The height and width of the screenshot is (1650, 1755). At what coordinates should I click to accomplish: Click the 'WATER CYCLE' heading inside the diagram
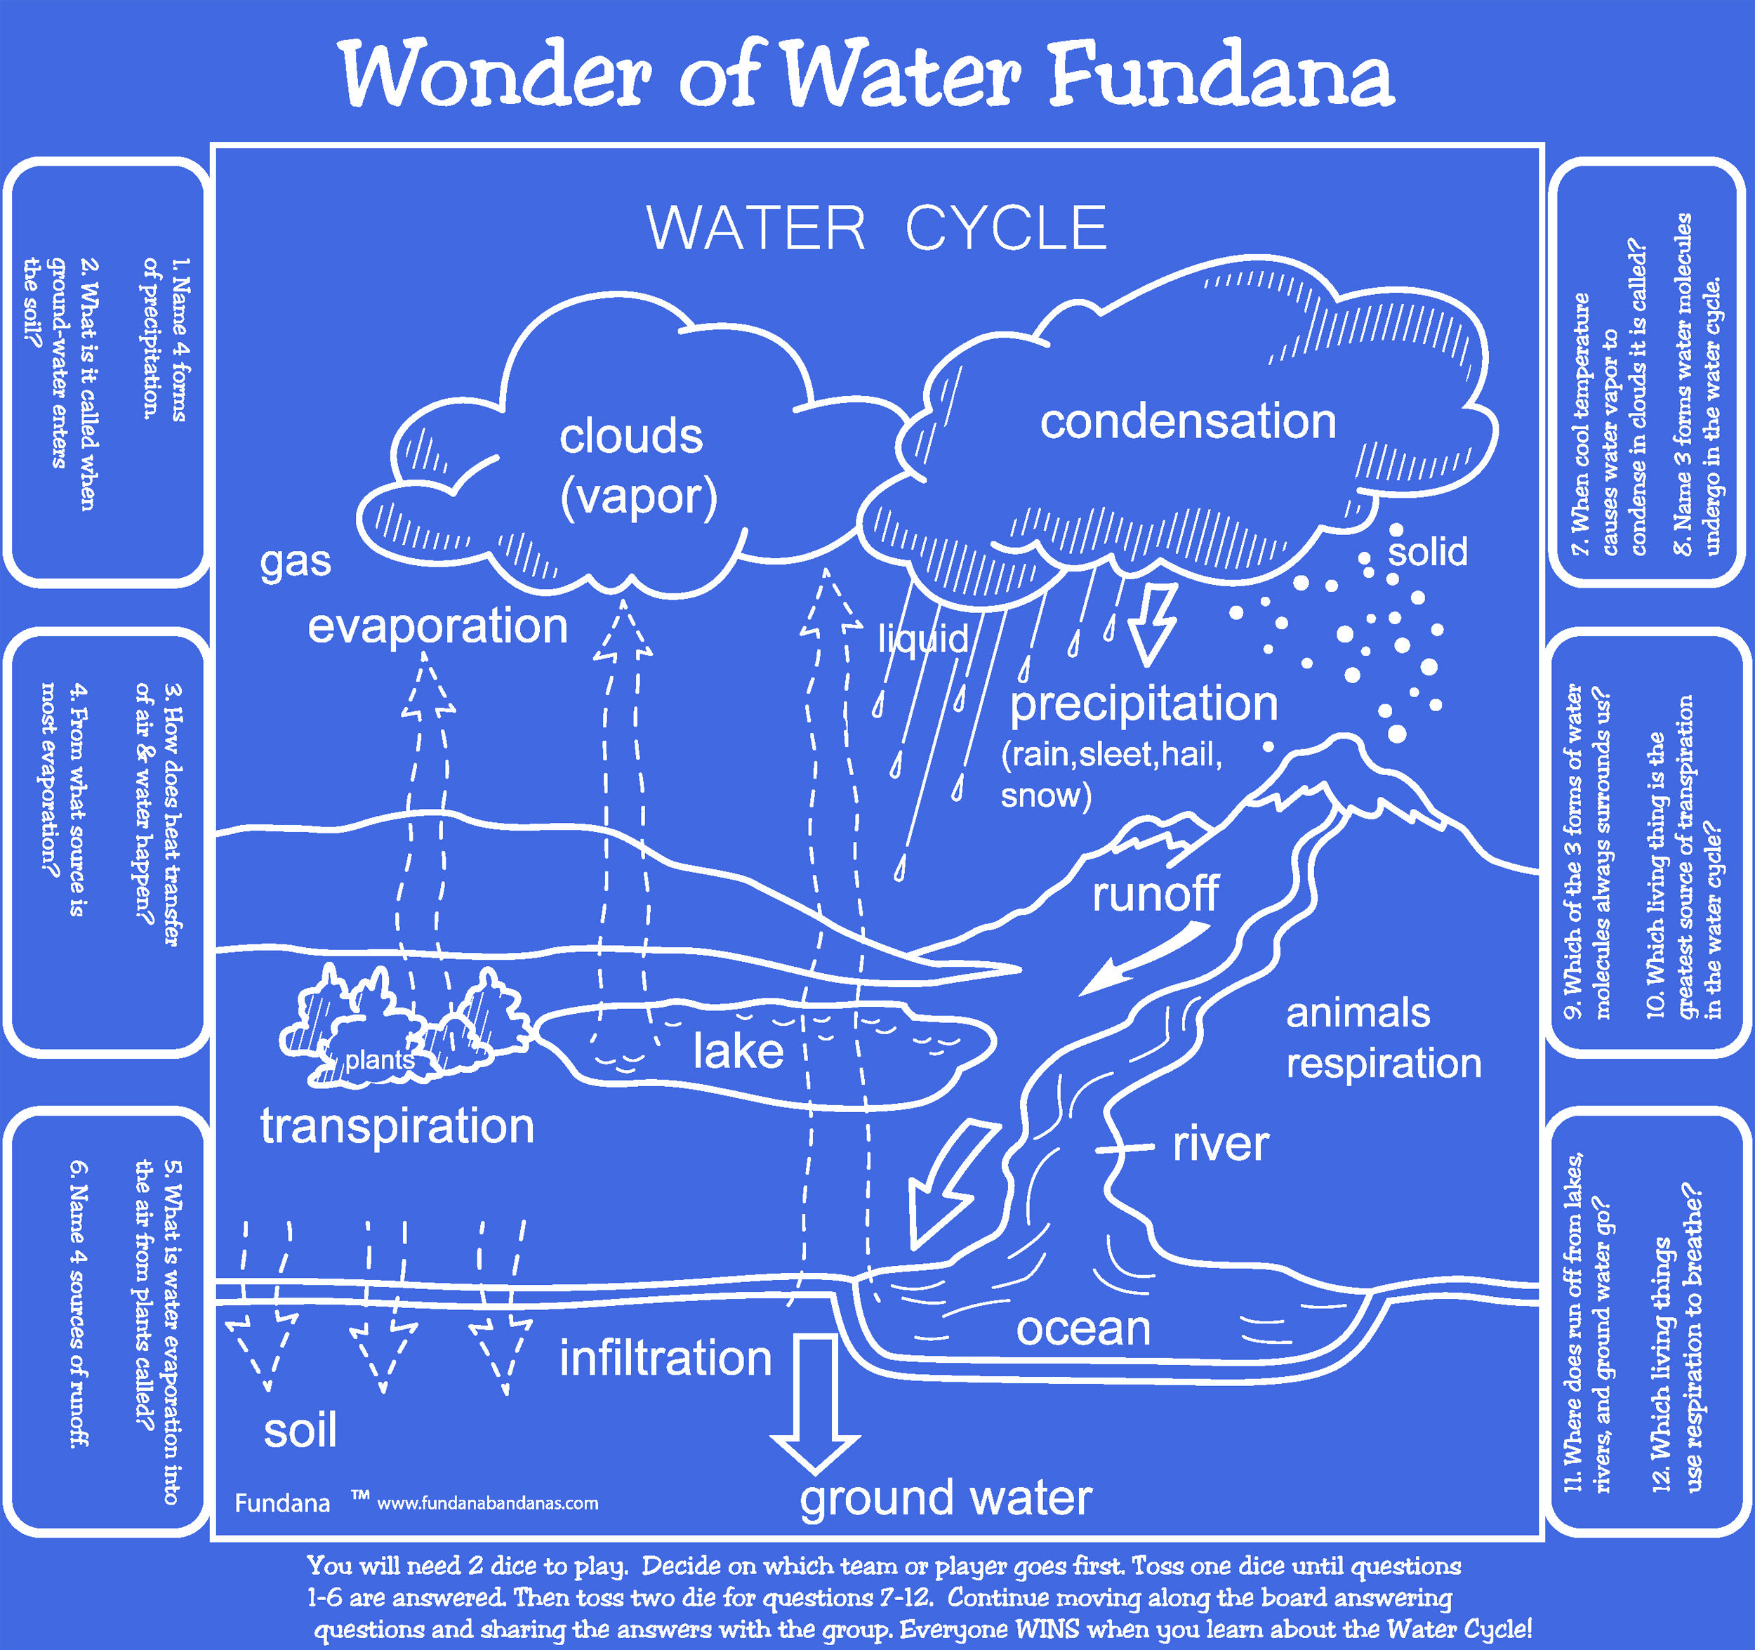[877, 227]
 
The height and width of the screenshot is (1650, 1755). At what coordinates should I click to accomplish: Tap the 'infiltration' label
[665, 1358]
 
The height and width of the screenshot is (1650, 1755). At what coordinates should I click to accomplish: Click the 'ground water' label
[946, 1499]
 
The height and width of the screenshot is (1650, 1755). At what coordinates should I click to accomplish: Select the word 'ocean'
[1083, 1328]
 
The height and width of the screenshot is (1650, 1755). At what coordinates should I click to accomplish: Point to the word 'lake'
[738, 1050]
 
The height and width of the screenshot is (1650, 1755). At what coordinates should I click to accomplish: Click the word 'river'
[1221, 1144]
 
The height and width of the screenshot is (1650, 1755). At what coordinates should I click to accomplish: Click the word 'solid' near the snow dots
[1427, 552]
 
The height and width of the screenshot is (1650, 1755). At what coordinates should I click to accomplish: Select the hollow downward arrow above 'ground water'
[815, 1404]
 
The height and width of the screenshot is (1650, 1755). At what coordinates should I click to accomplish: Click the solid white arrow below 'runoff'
[1144, 958]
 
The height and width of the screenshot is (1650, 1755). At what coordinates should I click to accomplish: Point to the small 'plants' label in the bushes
[380, 1060]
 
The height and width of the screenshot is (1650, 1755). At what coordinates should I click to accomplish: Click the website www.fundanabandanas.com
[487, 1503]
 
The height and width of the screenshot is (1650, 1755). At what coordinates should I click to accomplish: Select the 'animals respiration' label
[1384, 1039]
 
